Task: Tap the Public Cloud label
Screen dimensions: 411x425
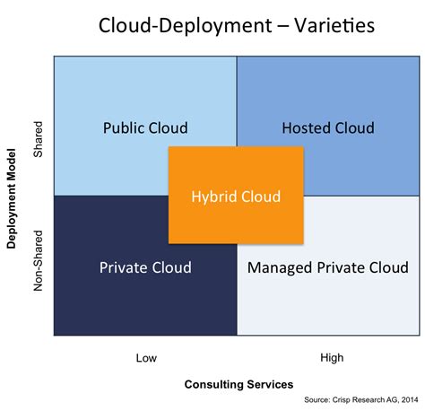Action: point(145,127)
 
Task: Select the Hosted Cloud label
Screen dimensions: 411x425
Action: point(327,127)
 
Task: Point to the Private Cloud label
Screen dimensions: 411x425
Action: point(145,267)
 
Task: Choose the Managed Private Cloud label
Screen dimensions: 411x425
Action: point(327,267)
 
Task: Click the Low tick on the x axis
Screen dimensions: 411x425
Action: point(145,358)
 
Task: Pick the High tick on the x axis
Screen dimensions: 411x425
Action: point(332,358)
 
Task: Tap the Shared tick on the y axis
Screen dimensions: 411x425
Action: point(38,142)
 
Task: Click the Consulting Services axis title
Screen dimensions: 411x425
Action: point(239,384)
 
